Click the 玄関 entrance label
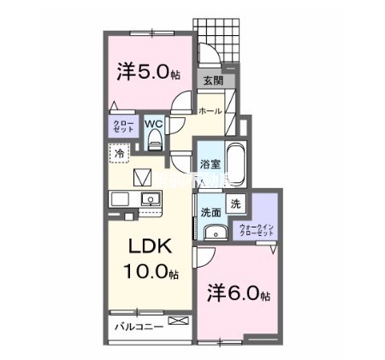(x=212, y=81)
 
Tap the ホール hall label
(x=210, y=111)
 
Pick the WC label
(x=155, y=123)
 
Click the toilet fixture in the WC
(x=155, y=138)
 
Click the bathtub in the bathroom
(x=237, y=163)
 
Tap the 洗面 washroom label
(x=210, y=211)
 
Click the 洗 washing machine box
(x=236, y=205)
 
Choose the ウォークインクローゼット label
(x=257, y=229)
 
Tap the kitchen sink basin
(x=151, y=201)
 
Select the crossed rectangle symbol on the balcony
(x=178, y=321)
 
